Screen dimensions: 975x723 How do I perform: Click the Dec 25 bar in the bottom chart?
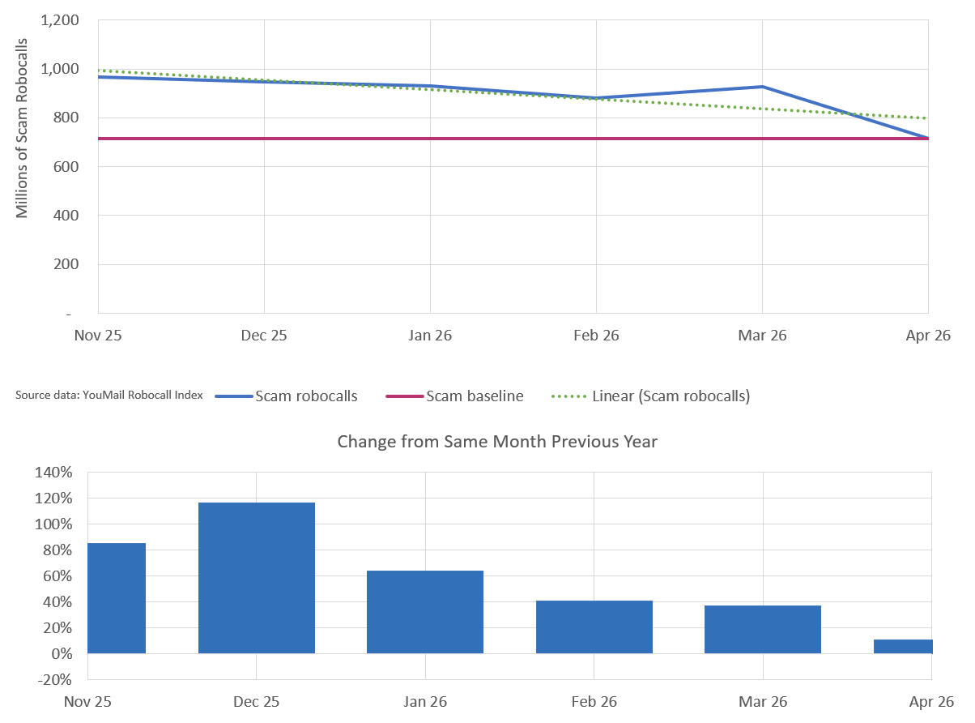pyautogui.click(x=256, y=577)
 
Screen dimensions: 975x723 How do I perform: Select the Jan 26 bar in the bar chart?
pyautogui.click(x=424, y=612)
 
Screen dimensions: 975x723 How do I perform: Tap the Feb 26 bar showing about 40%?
pyautogui.click(x=594, y=627)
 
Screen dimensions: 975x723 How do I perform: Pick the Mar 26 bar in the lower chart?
pyautogui.click(x=762, y=629)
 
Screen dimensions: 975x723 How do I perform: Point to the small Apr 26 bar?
pyautogui.click(x=902, y=646)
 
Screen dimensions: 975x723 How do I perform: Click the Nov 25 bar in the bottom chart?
pyautogui.click(x=117, y=597)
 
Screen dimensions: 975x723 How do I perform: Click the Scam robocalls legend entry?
pyautogui.click(x=286, y=396)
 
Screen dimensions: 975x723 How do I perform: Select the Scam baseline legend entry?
pyautogui.click(x=454, y=396)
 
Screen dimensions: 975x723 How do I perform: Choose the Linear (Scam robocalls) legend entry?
pyautogui.click(x=650, y=396)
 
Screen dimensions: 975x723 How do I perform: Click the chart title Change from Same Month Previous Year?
pyautogui.click(x=497, y=442)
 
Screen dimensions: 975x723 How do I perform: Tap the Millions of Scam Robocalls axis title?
pyautogui.click(x=22, y=128)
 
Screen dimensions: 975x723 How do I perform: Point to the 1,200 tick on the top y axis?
pyautogui.click(x=60, y=20)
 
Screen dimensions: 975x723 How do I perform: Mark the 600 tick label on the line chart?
pyautogui.click(x=66, y=167)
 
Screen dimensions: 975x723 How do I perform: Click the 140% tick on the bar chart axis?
pyautogui.click(x=53, y=473)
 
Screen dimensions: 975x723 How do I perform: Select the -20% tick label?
pyautogui.click(x=54, y=679)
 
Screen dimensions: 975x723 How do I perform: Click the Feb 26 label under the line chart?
pyautogui.click(x=596, y=336)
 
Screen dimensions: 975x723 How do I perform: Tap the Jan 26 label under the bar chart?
pyautogui.click(x=425, y=701)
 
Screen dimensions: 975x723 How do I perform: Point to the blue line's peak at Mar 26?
pyautogui.click(x=762, y=87)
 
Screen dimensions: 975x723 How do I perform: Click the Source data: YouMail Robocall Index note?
pyautogui.click(x=109, y=395)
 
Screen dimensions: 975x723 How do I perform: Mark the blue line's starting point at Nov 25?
pyautogui.click(x=99, y=77)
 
